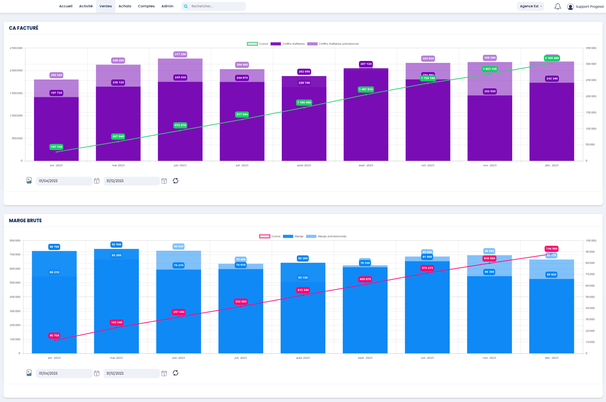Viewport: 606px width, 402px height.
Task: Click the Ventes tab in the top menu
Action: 105,6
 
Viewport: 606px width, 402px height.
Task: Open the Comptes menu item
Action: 146,6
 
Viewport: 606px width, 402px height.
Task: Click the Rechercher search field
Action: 216,6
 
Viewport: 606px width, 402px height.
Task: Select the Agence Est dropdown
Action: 530,6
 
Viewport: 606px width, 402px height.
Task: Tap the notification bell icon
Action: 557,6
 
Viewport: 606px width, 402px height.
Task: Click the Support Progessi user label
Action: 589,7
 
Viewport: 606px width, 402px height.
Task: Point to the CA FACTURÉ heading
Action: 24,28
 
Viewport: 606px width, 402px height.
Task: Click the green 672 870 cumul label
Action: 180,125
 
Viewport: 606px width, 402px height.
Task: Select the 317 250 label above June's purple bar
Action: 180,54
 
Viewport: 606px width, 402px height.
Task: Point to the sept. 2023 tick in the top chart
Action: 366,166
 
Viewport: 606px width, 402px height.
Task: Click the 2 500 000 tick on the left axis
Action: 16,48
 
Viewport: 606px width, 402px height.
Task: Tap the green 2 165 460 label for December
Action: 552,58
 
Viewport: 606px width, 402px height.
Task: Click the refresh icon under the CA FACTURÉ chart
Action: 176,181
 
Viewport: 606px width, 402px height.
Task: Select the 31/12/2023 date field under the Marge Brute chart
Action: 131,373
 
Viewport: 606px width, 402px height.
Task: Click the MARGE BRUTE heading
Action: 25,221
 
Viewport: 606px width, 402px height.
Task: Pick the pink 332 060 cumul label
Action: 241,302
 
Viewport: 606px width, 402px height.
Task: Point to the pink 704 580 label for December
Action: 551,249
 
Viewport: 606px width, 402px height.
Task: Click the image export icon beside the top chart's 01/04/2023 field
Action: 29,181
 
